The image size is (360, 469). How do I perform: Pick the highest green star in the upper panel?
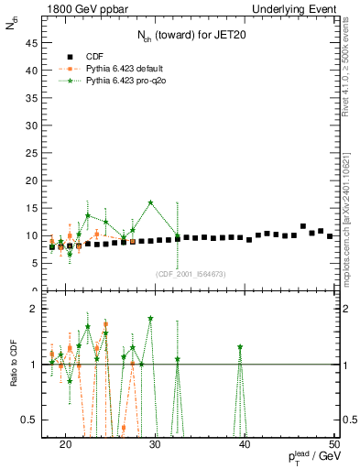[150, 202]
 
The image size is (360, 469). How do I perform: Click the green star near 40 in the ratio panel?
[240, 347]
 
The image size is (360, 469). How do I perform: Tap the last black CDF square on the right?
[330, 236]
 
